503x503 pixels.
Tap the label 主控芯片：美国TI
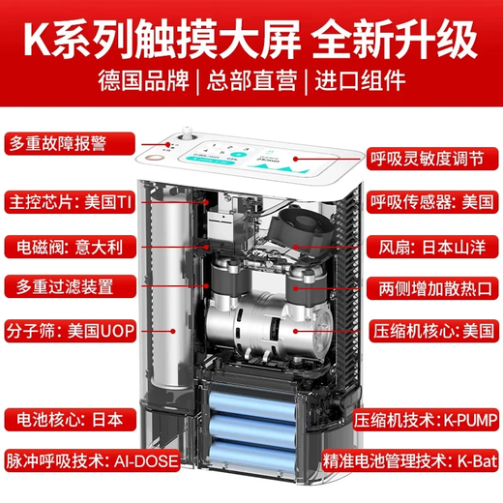(68, 204)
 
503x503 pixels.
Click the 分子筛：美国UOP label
(68, 327)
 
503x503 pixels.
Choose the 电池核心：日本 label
(60, 421)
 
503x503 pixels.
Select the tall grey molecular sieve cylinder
(170, 290)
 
